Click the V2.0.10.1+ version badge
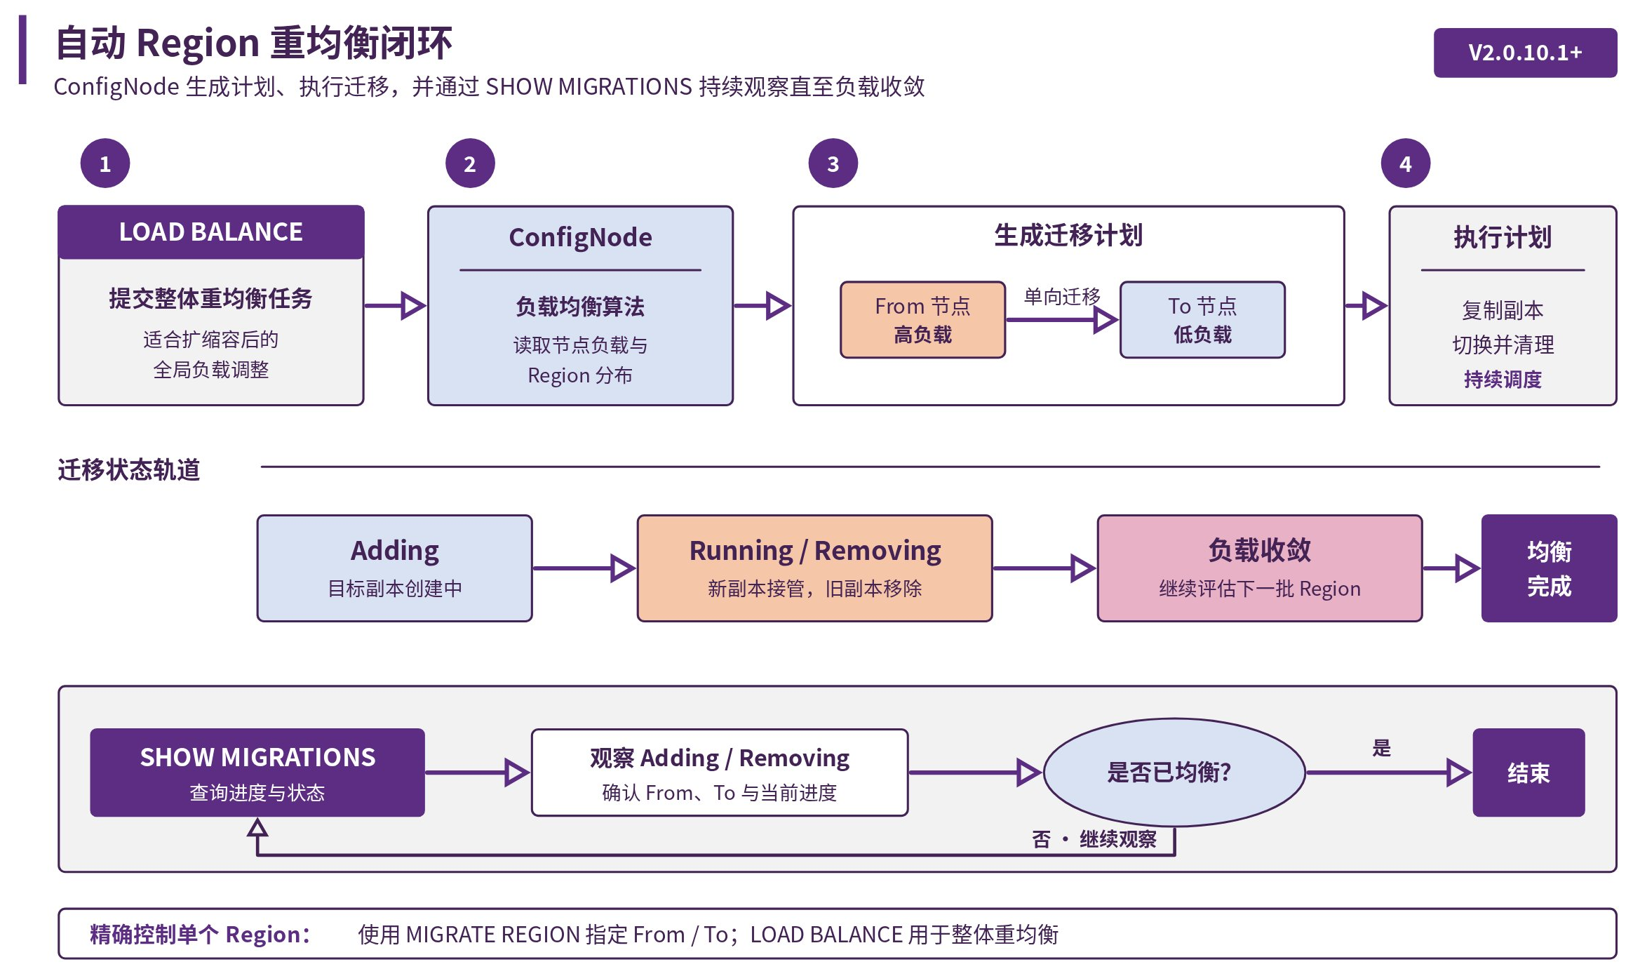(1525, 53)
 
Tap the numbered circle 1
(105, 163)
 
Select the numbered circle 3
(833, 163)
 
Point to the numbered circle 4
(1406, 163)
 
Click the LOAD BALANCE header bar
(211, 232)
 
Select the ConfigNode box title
(580, 237)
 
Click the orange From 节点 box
(923, 320)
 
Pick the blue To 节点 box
(1202, 320)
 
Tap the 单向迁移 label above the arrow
(1062, 297)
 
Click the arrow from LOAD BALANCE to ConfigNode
(395, 305)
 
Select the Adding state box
(395, 568)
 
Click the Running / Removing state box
(815, 568)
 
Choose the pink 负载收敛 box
(1260, 568)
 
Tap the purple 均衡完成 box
(1550, 568)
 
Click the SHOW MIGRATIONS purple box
(257, 773)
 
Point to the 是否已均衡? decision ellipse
(1174, 773)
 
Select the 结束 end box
(1528, 773)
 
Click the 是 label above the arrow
(1381, 748)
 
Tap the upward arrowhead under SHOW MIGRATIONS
(257, 829)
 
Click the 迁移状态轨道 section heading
(129, 469)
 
